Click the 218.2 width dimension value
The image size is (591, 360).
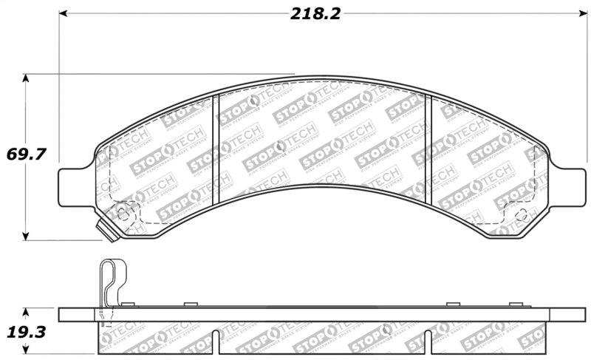(x=315, y=14)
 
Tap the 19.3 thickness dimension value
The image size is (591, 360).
(x=27, y=332)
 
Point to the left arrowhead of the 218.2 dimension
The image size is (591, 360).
(x=64, y=13)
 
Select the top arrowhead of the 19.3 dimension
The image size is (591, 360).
(x=27, y=312)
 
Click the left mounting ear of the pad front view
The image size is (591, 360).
(x=74, y=182)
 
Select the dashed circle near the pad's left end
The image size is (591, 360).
(x=123, y=214)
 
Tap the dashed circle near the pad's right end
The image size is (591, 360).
(x=520, y=215)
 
